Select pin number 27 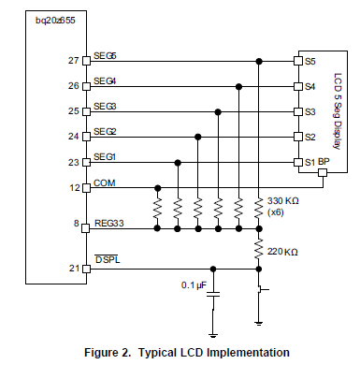(73, 62)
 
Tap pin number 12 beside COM (73, 187)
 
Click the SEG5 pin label (105, 56)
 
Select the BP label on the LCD (324, 162)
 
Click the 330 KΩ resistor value (283, 201)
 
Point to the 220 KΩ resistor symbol (259, 250)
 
